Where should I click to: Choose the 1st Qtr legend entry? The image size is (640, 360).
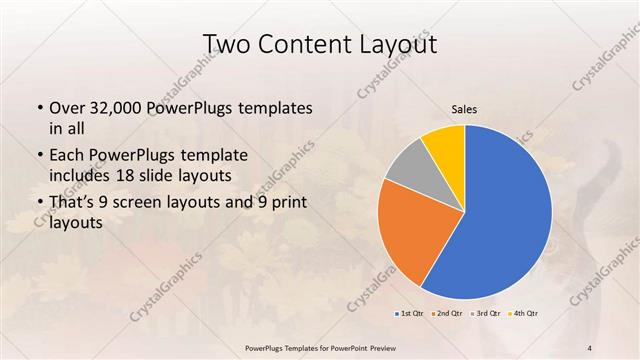411,314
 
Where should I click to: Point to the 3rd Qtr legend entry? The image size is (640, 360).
487,314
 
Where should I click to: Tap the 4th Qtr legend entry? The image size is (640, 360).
525,314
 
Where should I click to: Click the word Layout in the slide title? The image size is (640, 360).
393,44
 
